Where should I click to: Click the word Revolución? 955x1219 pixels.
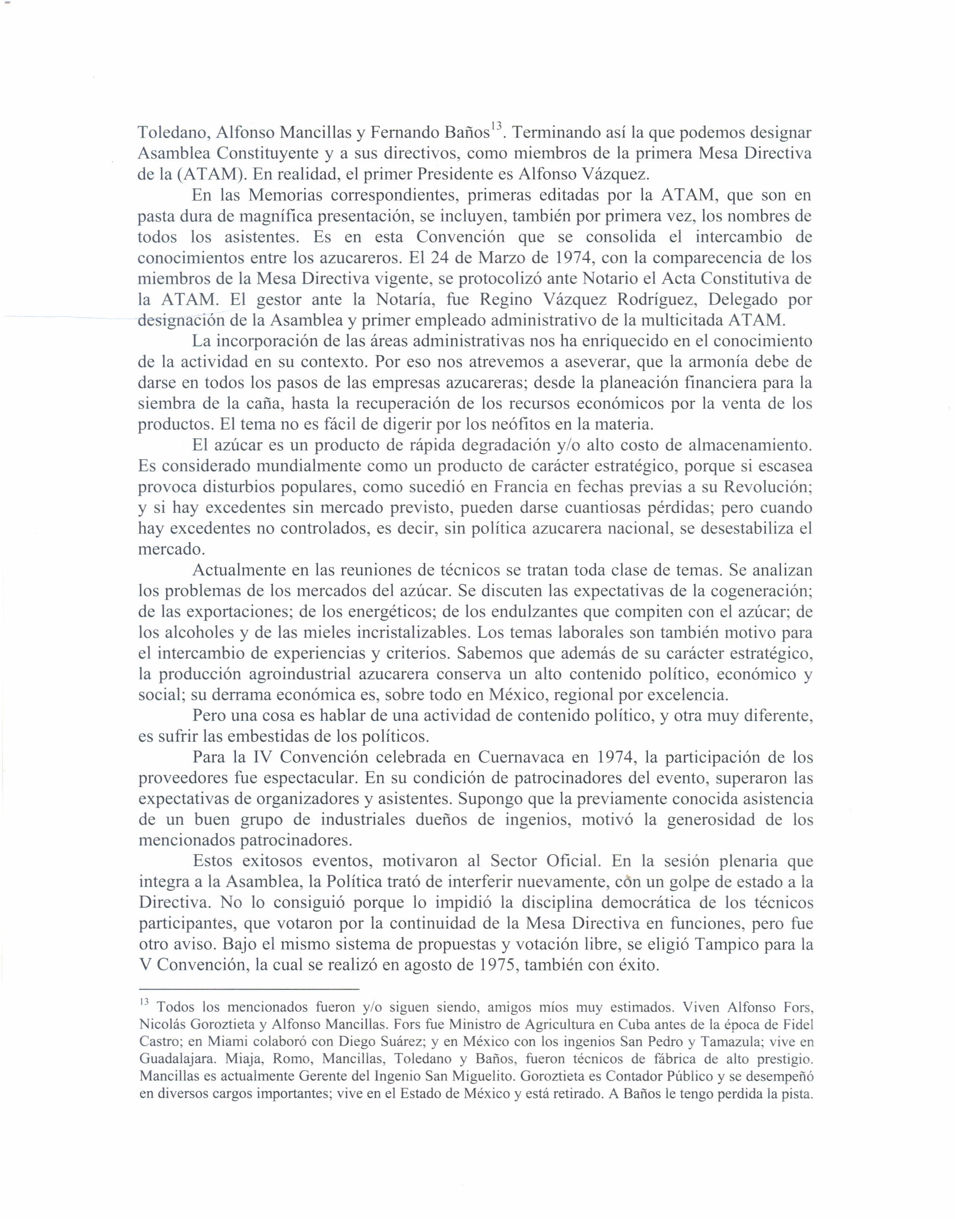(x=768, y=487)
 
